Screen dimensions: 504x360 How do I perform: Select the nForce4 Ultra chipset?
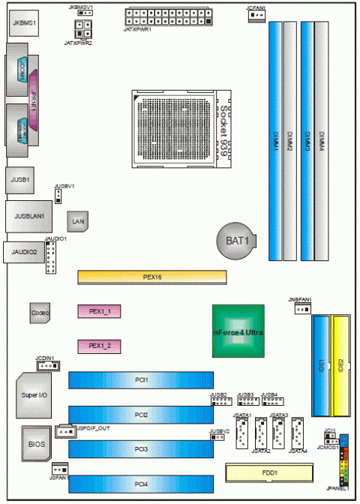(x=238, y=331)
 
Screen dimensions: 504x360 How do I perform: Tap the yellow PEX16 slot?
(x=152, y=277)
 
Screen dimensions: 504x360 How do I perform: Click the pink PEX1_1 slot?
(x=100, y=310)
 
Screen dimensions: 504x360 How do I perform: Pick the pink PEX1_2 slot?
(x=100, y=345)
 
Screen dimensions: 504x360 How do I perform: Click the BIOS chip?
(x=36, y=444)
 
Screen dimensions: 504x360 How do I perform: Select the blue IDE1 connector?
(x=320, y=366)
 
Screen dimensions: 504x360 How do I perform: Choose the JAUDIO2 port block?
(x=22, y=253)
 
